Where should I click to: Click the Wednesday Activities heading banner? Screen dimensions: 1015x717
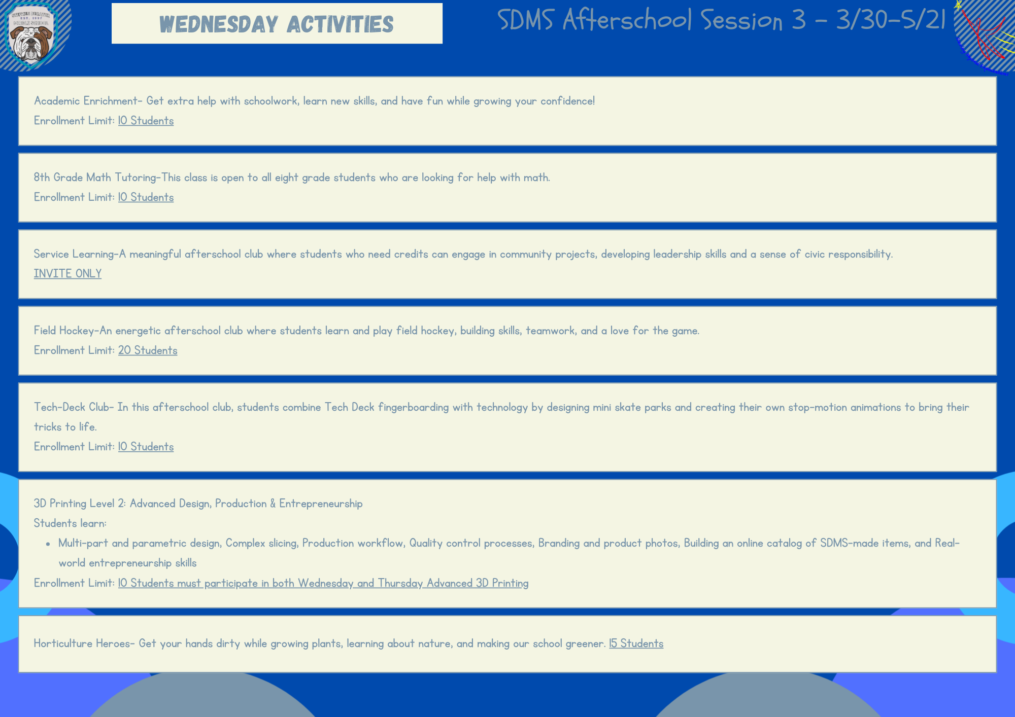click(x=277, y=23)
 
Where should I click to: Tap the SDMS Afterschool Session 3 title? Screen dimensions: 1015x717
click(x=721, y=20)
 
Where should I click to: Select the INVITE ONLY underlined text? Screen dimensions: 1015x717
click(x=67, y=274)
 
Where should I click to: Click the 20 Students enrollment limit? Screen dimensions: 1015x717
click(x=148, y=350)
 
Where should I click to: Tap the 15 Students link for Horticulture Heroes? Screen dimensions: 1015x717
click(x=636, y=643)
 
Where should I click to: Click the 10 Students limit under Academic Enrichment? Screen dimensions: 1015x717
click(x=146, y=121)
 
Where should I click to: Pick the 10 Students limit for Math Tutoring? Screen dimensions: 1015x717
click(x=146, y=197)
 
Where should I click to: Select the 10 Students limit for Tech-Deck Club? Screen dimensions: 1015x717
click(x=146, y=447)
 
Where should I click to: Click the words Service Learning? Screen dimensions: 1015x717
click(x=74, y=254)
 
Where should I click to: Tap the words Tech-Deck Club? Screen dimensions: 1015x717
click(x=72, y=407)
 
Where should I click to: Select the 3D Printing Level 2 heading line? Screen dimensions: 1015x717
click(x=198, y=504)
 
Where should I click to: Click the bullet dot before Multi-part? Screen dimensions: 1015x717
click(x=48, y=544)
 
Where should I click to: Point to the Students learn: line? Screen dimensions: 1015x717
click(x=70, y=523)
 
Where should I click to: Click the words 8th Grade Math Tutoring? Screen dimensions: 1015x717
click(x=95, y=177)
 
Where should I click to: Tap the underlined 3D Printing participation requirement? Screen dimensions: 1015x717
click(x=323, y=583)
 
